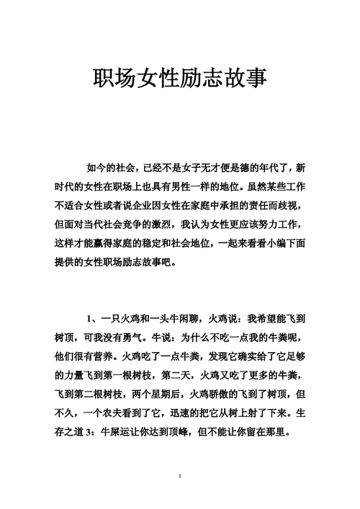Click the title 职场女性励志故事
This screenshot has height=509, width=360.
(180, 77)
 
